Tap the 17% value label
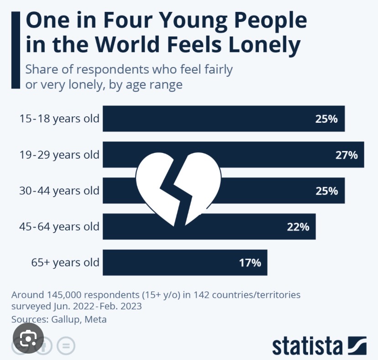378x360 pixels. coord(251,263)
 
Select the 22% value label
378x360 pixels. coord(299,226)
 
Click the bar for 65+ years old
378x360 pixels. coord(185,263)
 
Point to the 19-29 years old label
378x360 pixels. coord(59,155)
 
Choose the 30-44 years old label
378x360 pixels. coord(59,190)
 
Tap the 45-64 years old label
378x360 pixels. coord(59,226)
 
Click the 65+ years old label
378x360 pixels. coord(65,263)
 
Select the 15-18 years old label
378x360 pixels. coord(59,119)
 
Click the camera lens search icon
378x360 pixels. coord(28,338)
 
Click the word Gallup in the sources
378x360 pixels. coord(68,319)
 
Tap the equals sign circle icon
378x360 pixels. coord(66,346)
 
